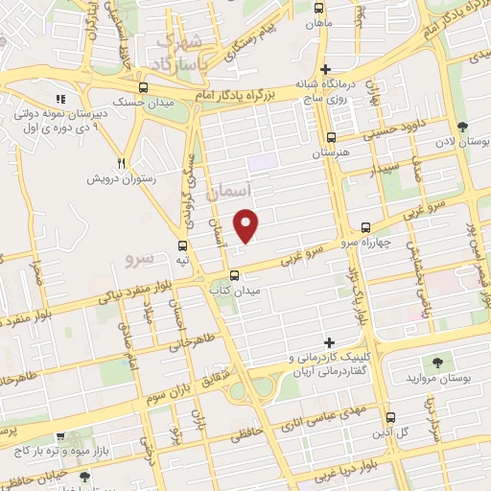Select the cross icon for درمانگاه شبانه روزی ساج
coord(326,69)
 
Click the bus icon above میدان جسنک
coord(142,88)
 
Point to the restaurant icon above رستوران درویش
coord(121,163)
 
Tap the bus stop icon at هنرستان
coord(331,137)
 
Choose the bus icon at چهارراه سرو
coord(364,227)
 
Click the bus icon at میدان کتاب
coord(232,276)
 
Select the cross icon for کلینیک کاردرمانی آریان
coord(330,342)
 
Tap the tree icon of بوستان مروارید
coord(438,362)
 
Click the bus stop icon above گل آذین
coord(389,417)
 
